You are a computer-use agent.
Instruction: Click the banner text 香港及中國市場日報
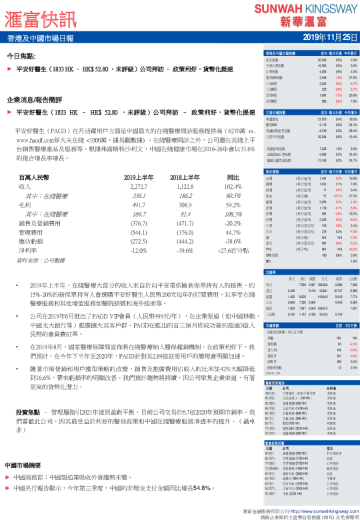pos(41,38)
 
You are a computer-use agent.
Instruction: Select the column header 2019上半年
pos(140,177)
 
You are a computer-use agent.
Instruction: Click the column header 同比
pos(233,177)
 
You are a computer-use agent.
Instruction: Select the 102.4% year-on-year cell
pos(233,187)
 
